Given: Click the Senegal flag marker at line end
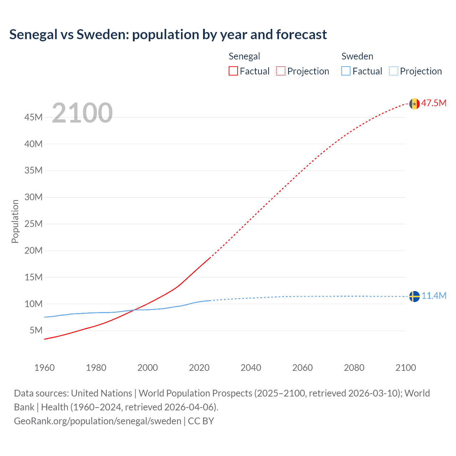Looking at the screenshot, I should pos(414,104).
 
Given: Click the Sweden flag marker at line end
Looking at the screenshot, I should pos(414,296).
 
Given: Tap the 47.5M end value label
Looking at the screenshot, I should pos(434,103).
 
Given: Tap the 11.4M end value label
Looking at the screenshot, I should pos(434,296).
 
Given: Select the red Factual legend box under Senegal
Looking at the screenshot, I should pos(233,71).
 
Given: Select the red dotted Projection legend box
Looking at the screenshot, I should pos(281,71).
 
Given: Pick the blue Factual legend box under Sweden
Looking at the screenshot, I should pos(346,71).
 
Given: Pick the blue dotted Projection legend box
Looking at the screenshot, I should pos(394,71).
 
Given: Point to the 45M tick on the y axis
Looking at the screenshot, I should pos(33,117).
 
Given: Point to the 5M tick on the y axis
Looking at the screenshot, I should pos(36,330).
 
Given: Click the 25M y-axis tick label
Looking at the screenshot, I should pos(33,224).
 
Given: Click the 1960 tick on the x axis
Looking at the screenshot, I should pos(45,368).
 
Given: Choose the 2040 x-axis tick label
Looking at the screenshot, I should pos(251,368).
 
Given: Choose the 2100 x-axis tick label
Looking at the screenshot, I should pos(405,368).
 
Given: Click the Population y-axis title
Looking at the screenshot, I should pos(15,221).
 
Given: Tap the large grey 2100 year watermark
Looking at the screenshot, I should pos(82,113).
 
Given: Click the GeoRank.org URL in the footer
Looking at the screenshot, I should pos(98,421).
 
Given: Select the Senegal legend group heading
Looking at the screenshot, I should pos(244,56).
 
